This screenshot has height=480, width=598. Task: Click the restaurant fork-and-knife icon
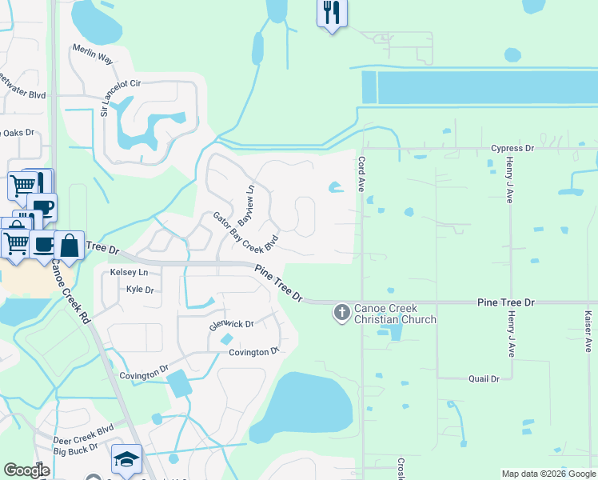[x=332, y=13]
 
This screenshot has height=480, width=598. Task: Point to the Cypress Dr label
[x=512, y=149]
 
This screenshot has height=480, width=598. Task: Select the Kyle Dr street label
[x=140, y=289]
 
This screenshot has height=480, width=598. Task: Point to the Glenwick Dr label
[x=231, y=325]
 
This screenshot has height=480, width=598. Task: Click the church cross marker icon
[x=341, y=311]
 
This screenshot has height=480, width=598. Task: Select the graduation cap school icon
[x=126, y=458]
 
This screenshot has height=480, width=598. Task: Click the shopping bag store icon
[x=70, y=246]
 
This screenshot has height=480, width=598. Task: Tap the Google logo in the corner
[x=26, y=471]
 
